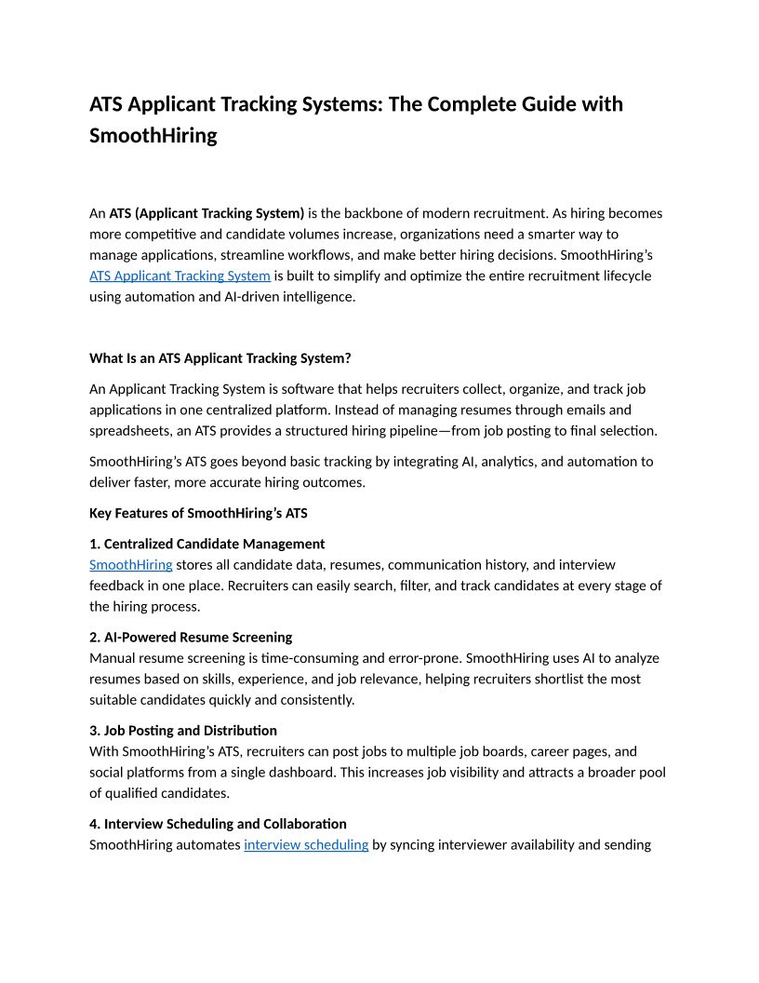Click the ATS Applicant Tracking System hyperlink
click(x=180, y=276)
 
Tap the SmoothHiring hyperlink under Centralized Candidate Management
click(x=130, y=565)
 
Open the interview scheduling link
click(x=306, y=845)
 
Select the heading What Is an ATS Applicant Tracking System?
click(x=220, y=358)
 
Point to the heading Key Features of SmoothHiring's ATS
click(x=198, y=513)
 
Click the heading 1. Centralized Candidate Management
click(x=206, y=544)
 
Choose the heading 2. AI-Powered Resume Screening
click(x=191, y=637)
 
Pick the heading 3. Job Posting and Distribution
click(x=182, y=731)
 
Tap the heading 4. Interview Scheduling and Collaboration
click(x=218, y=824)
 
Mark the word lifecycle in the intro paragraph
click(x=619, y=276)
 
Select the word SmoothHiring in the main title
click(x=153, y=136)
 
